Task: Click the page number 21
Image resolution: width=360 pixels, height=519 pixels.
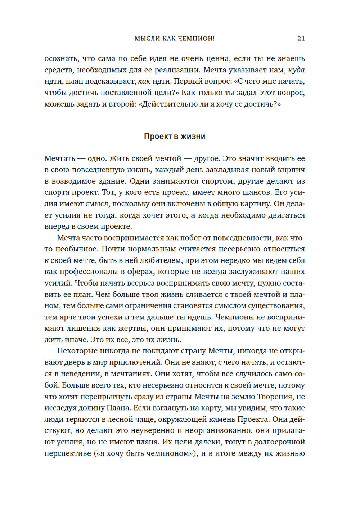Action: click(x=301, y=39)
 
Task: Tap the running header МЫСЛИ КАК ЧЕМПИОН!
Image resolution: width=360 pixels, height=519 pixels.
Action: click(x=175, y=39)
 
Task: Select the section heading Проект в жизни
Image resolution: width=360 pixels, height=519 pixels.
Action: click(x=175, y=137)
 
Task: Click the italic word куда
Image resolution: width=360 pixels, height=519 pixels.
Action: click(x=297, y=70)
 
